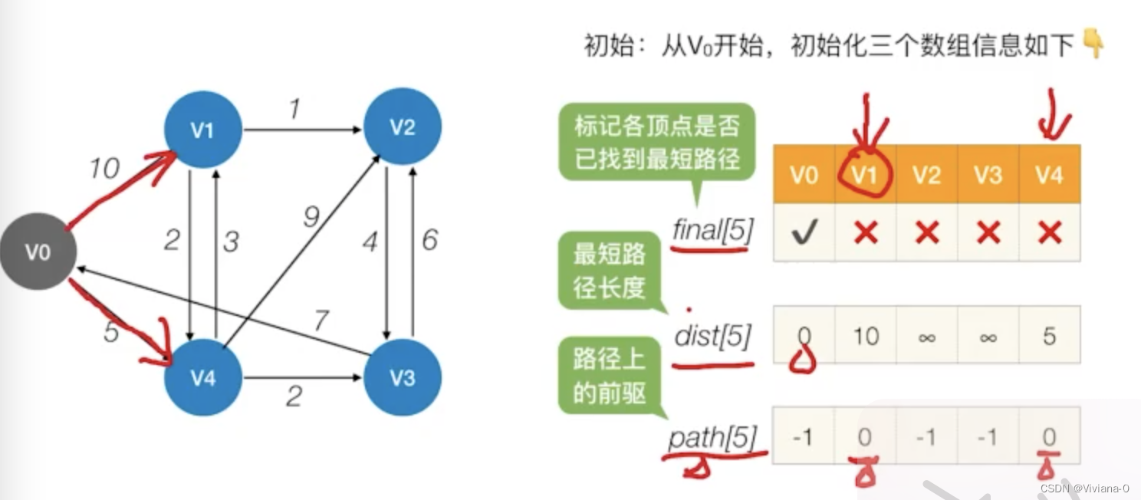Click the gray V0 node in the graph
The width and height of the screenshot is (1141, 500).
pos(38,252)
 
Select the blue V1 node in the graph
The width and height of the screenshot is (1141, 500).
pos(202,130)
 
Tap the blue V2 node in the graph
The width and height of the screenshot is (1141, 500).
pos(403,127)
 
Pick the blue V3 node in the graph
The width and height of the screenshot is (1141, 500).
pos(403,377)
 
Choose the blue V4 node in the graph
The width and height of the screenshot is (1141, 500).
pos(202,377)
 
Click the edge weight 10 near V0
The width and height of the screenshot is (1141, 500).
pos(104,168)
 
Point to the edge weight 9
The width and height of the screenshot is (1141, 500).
pos(311,218)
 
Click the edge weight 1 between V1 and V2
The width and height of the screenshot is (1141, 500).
pos(293,110)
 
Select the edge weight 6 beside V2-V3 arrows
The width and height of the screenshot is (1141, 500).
pos(429,240)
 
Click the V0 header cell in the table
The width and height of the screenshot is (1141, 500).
pos(804,176)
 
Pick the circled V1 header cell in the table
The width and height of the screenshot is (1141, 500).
pos(865,176)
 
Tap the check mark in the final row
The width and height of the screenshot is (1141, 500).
pos(804,232)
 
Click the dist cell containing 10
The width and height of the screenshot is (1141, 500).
pos(865,335)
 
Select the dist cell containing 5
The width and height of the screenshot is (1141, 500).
pos(1049,335)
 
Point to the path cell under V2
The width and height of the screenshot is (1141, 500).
pos(926,436)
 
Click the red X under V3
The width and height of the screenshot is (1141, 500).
pos(988,232)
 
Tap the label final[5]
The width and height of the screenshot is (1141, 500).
pos(711,229)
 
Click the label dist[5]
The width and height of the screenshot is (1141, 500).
pos(712,337)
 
